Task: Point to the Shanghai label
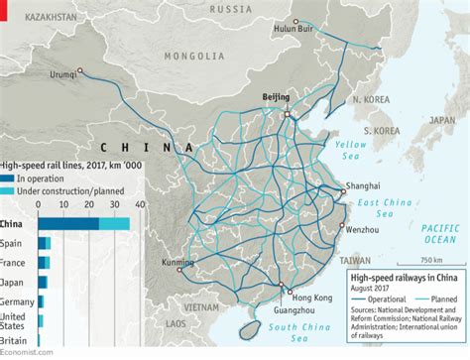[x=363, y=185]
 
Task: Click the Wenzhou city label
[x=361, y=229]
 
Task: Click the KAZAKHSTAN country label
[x=41, y=19]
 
